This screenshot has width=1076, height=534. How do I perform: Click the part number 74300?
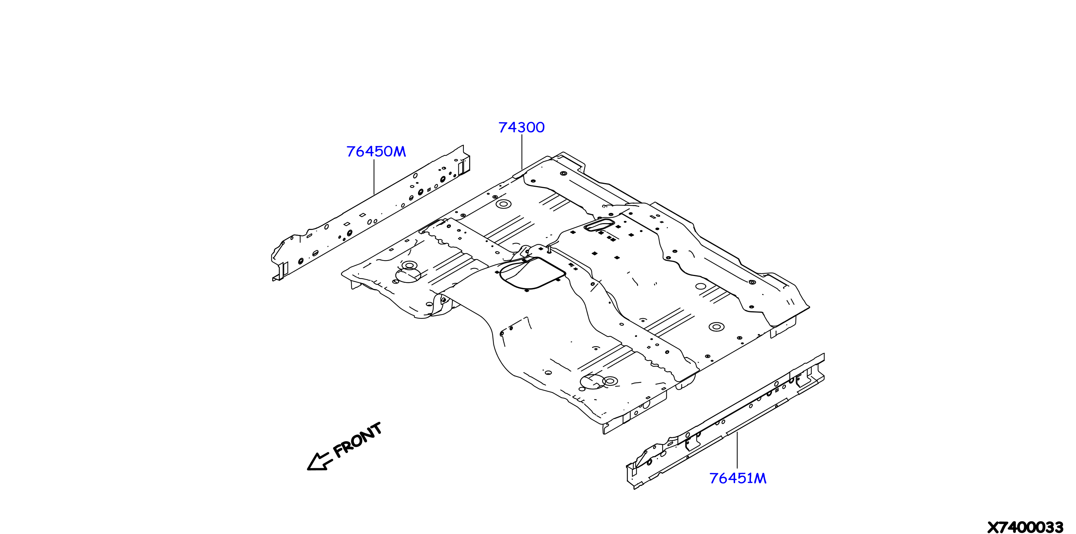(521, 127)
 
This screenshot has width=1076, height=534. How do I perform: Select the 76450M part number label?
(376, 151)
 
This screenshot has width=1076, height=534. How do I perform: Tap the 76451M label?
(738, 478)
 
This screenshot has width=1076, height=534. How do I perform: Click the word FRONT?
(358, 440)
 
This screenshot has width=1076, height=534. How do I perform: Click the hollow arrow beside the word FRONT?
(320, 461)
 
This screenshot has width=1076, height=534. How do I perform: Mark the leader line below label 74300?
(522, 152)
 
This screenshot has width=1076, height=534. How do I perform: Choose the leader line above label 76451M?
(737, 450)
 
